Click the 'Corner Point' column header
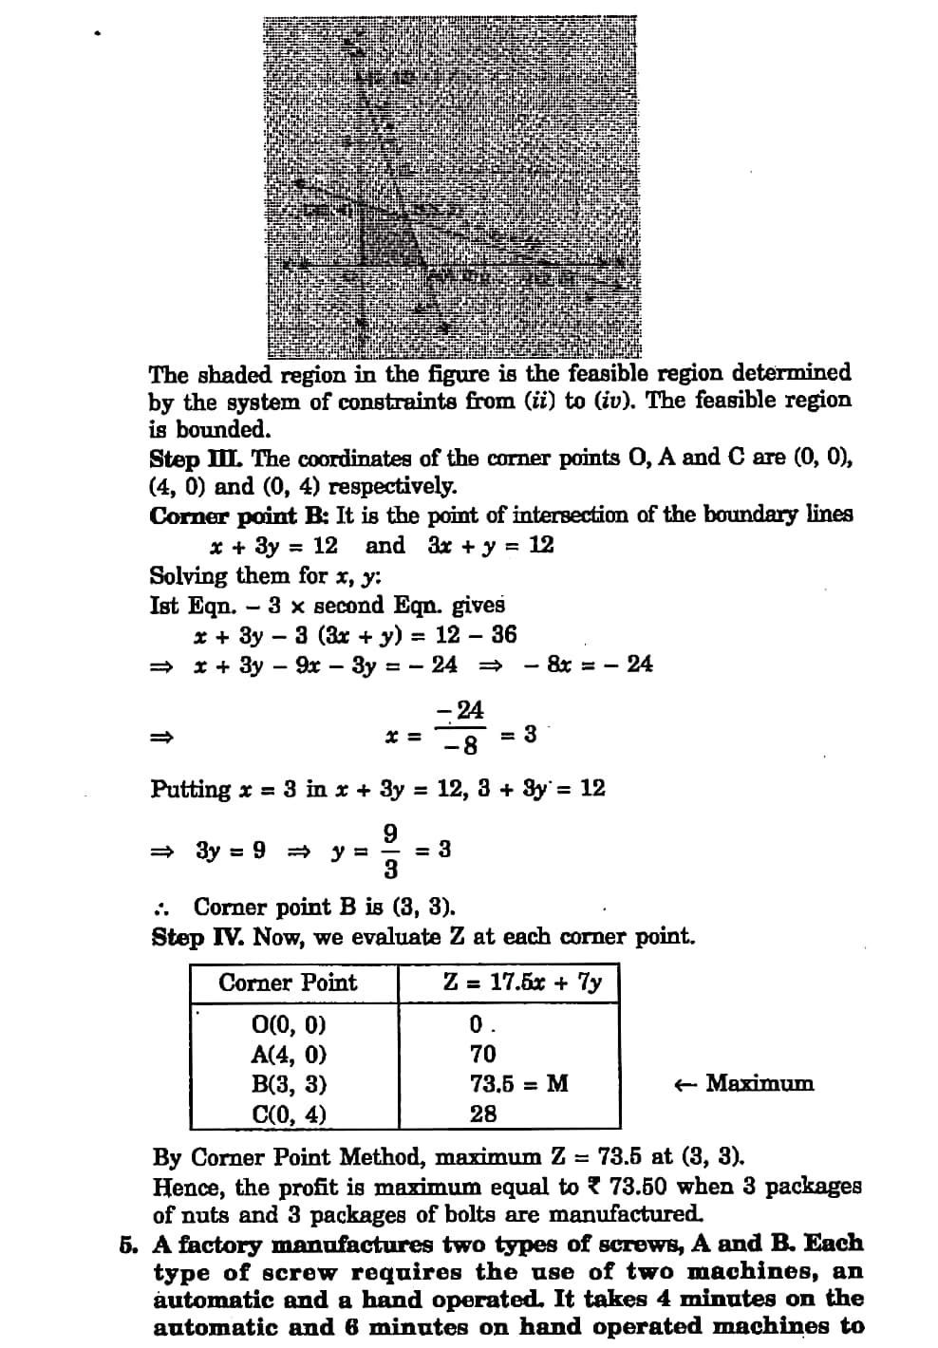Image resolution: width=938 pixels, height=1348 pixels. point(288,983)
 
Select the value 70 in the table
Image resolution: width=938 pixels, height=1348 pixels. point(482,1054)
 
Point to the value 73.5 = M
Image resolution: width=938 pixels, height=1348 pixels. point(518,1084)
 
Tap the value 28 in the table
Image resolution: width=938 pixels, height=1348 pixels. point(482,1114)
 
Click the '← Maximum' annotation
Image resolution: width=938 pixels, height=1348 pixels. point(743,1083)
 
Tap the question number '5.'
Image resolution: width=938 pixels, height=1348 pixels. point(129,1245)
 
